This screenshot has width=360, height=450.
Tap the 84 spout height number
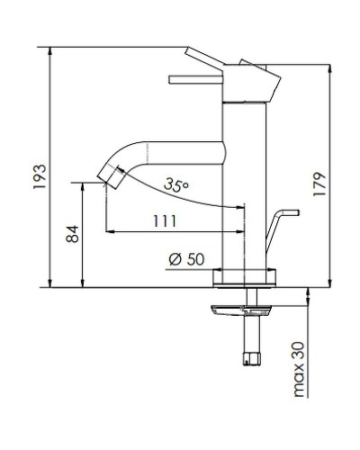pos(73,235)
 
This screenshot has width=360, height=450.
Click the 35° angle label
pos(176,184)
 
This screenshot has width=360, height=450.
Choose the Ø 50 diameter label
pos(187,259)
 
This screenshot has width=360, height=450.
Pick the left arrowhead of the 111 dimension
pos(110,232)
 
